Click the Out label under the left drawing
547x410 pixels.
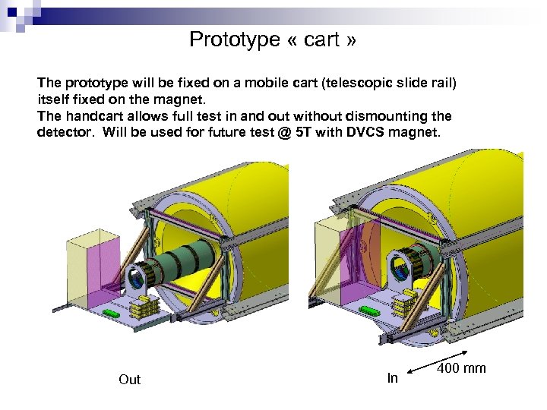pyautogui.click(x=130, y=379)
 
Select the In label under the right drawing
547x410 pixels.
pyautogui.click(x=392, y=378)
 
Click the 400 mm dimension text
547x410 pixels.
pyautogui.click(x=461, y=369)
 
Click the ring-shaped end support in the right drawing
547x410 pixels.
pyautogui.click(x=401, y=267)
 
